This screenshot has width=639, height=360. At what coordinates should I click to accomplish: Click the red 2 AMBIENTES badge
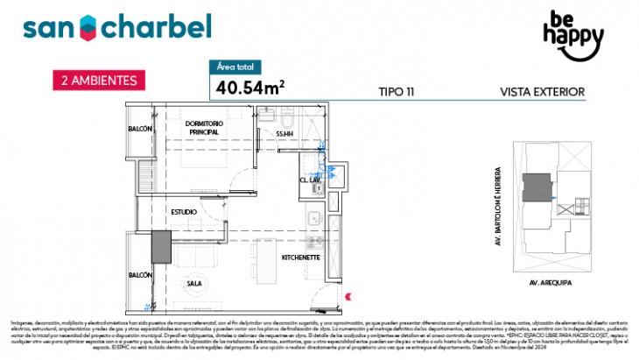click(98, 80)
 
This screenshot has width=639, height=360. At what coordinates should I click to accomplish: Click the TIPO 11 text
click(397, 90)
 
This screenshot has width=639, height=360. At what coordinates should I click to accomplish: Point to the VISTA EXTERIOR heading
click(541, 90)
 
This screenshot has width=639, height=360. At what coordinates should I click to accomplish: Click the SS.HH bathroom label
click(284, 133)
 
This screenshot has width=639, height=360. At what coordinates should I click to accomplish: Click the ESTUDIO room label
click(183, 212)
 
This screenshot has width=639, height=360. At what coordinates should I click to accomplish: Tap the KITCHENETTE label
click(299, 258)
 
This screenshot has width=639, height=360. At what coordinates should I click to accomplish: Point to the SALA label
click(195, 282)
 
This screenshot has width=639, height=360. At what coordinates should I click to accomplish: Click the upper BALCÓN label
click(140, 129)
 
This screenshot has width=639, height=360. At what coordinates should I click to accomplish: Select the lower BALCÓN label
click(140, 274)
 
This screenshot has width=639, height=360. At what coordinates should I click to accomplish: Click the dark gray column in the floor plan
click(160, 245)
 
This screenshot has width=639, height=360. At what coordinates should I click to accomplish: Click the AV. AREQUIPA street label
click(548, 284)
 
